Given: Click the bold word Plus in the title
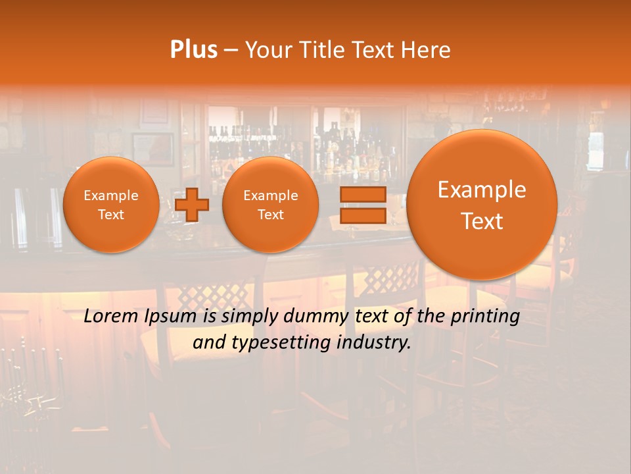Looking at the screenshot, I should click(193, 49).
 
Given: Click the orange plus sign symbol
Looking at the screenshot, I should click(192, 205).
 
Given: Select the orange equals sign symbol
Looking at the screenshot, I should click(362, 205).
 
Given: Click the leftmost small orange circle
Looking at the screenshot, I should click(111, 205).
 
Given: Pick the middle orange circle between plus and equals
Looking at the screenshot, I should click(270, 205).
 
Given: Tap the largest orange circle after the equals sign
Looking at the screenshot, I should click(482, 205).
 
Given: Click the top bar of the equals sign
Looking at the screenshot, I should click(362, 194).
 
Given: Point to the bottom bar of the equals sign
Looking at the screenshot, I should click(362, 216).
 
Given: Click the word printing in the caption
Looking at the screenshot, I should click(485, 317).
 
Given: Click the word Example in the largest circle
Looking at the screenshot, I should click(482, 190).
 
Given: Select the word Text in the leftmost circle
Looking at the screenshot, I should click(111, 215).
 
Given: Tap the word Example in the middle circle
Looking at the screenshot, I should click(270, 196).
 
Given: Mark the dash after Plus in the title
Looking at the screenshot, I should click(231, 50).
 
